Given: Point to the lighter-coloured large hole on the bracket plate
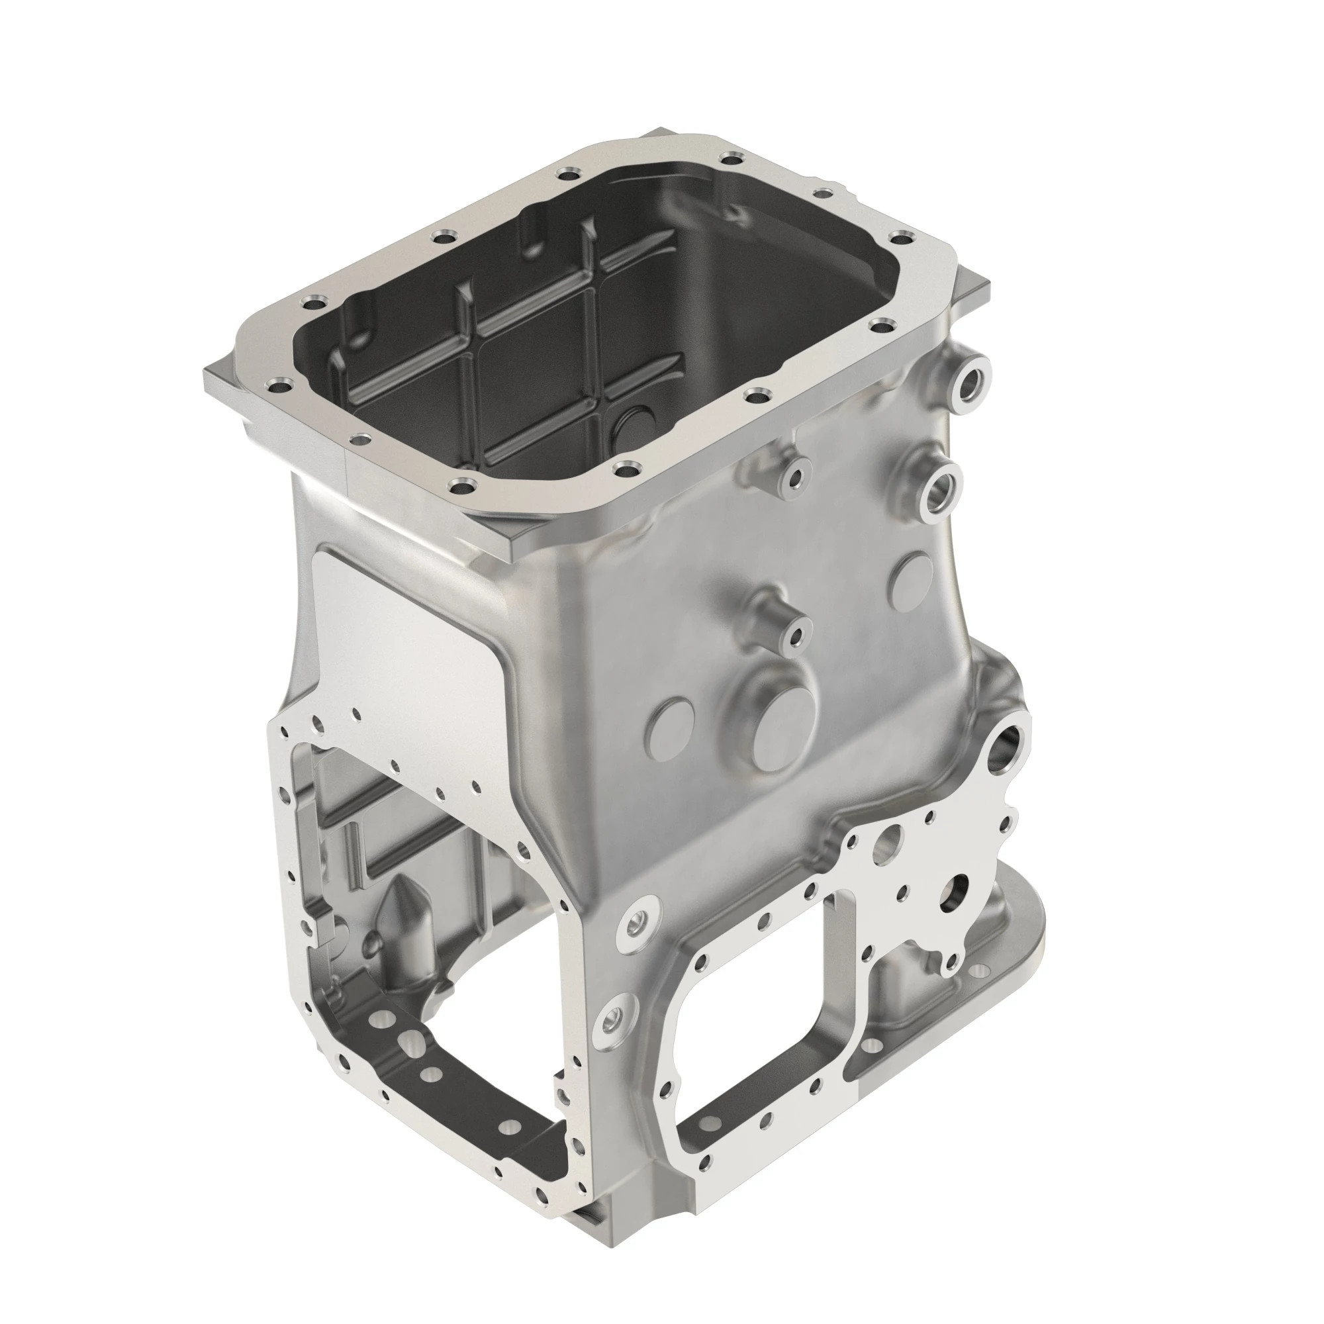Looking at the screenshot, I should (x=892, y=842).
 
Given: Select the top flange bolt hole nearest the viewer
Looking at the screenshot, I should (x=459, y=489).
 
